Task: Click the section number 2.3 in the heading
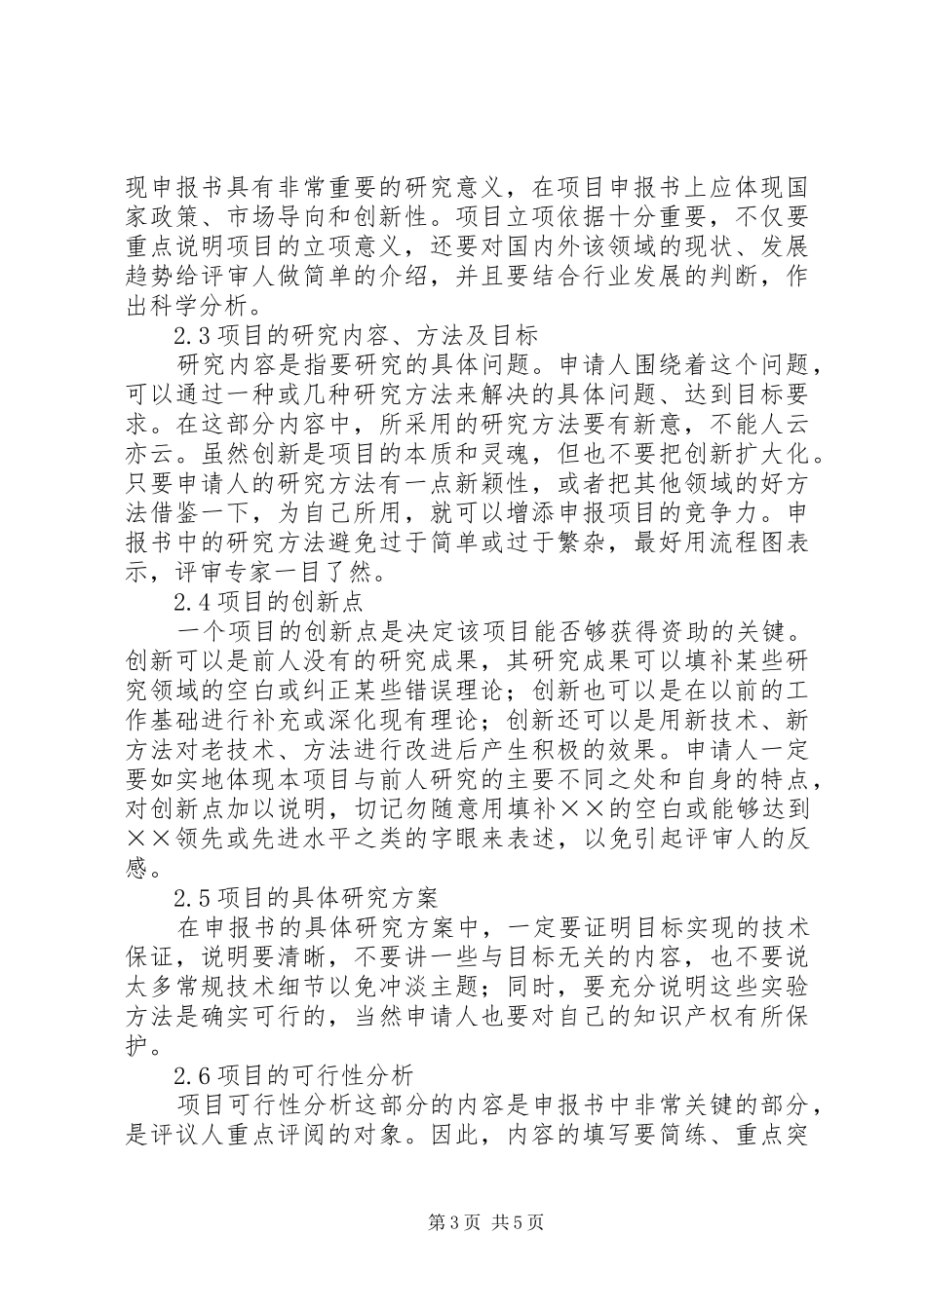click(x=187, y=337)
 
